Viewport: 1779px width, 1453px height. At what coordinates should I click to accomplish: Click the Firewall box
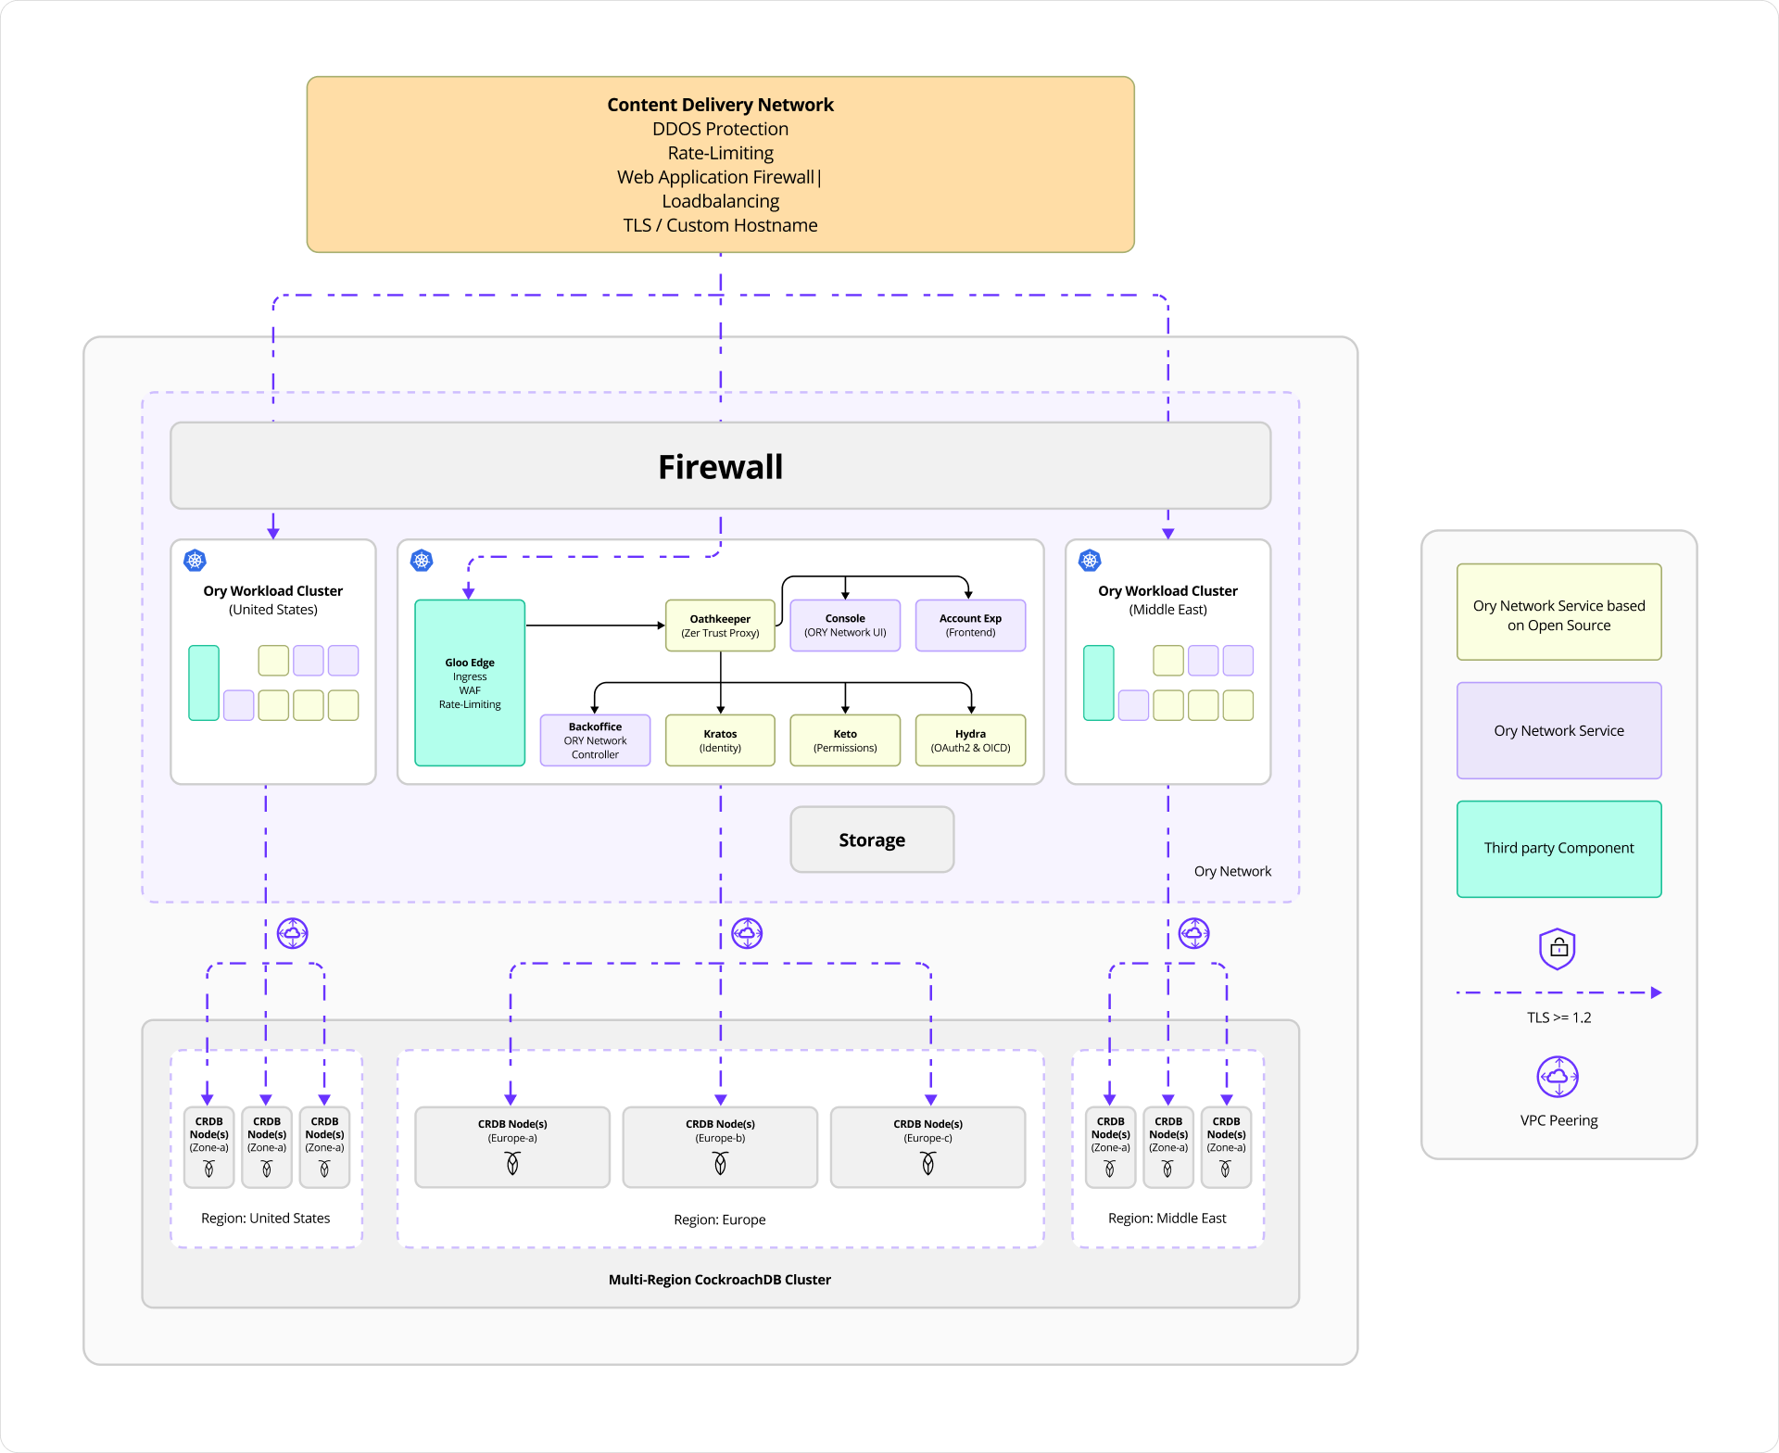coord(720,466)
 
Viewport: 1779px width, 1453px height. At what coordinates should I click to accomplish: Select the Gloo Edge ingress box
coord(470,683)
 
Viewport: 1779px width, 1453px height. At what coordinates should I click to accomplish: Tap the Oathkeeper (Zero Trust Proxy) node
coord(720,625)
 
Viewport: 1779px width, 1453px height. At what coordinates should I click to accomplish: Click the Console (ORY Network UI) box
coord(845,625)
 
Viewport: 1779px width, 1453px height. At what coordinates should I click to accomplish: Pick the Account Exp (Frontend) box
coord(970,625)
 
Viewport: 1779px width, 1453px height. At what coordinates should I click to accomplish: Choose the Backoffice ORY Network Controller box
coord(595,740)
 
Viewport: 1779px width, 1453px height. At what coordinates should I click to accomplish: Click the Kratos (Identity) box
coord(720,740)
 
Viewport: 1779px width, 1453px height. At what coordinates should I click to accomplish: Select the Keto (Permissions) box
coord(845,740)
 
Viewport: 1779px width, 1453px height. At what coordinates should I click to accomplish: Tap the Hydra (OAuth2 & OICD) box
coord(970,740)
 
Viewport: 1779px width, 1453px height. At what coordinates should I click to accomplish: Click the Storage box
coord(872,840)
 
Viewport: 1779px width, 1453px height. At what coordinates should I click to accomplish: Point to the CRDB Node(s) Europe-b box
coord(720,1146)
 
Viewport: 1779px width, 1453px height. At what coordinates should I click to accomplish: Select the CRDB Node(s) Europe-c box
coord(927,1146)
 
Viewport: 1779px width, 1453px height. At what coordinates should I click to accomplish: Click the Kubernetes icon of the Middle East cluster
coord(1090,561)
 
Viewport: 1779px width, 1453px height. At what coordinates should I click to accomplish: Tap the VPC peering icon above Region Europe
coord(747,933)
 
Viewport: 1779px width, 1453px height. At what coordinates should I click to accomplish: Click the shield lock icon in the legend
coord(1558,949)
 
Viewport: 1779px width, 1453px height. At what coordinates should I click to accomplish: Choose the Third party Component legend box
coord(1558,849)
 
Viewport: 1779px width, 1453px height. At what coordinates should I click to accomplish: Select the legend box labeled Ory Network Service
coord(1558,730)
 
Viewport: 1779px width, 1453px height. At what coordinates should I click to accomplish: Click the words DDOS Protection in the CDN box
coord(720,129)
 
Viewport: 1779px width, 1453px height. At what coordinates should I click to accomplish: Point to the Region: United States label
coord(266,1218)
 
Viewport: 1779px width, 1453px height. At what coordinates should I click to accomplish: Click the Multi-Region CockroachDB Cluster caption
coord(720,1280)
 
